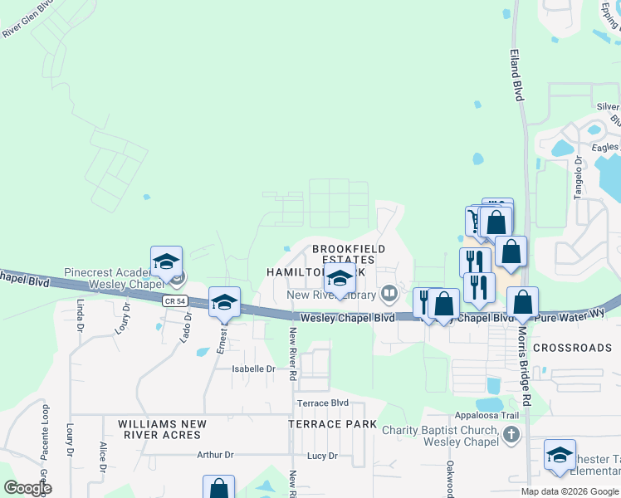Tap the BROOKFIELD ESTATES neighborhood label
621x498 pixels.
(349, 254)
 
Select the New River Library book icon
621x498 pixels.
(388, 294)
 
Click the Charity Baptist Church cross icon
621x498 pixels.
(511, 434)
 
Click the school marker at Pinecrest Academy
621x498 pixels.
(166, 261)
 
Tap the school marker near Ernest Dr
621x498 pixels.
(224, 303)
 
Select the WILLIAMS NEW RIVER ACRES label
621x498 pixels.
(162, 429)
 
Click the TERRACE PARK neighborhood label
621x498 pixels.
(326, 424)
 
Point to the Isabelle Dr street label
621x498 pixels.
(253, 369)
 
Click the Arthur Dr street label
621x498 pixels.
(216, 455)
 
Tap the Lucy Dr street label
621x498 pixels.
(322, 456)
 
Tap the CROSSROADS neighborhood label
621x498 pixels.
(572, 348)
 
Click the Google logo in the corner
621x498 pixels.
(27, 487)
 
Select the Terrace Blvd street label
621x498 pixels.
(323, 403)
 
